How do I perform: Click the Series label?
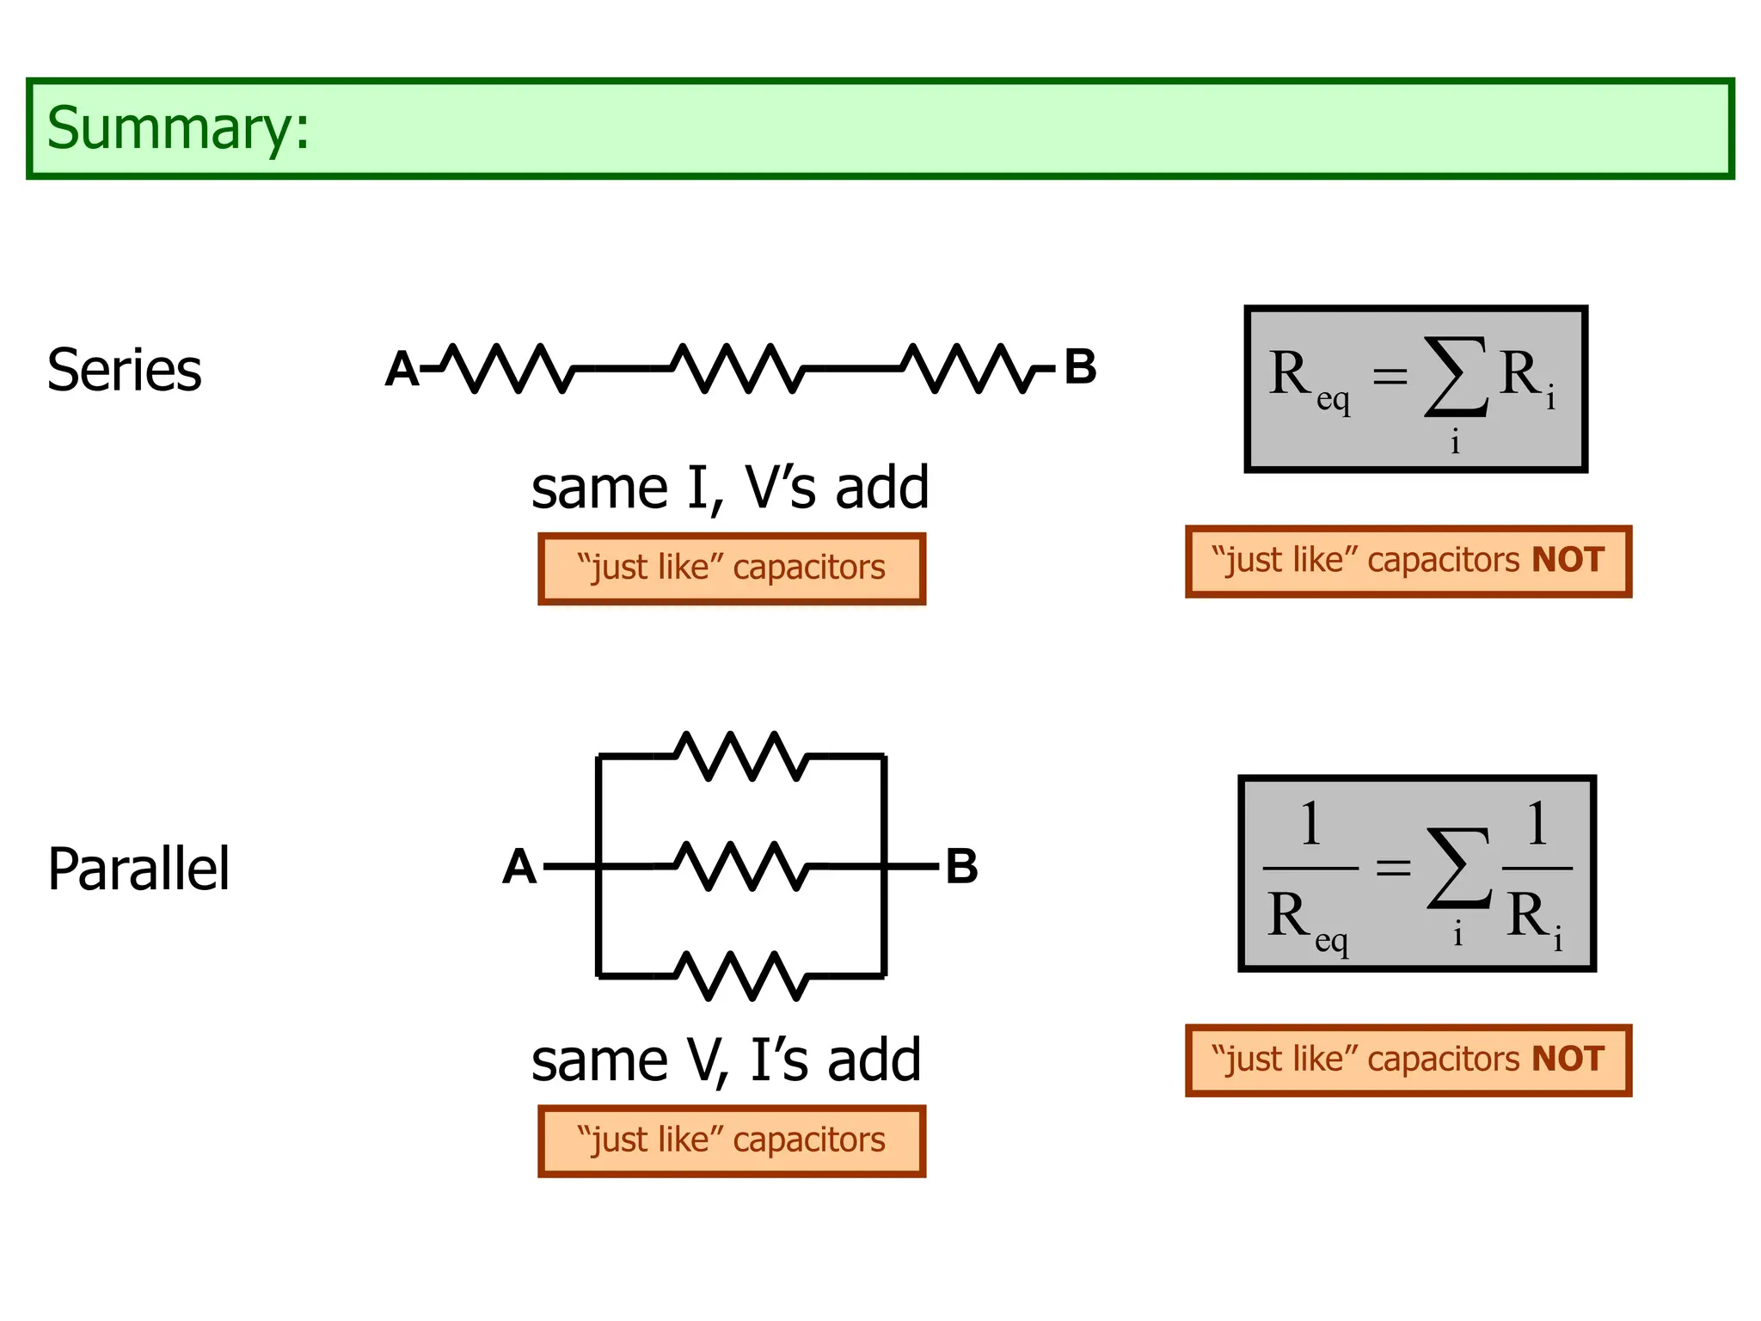point(125,371)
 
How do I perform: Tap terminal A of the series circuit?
point(402,369)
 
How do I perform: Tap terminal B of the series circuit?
point(1080,367)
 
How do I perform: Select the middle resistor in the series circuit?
point(738,369)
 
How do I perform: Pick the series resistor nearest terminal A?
point(507,369)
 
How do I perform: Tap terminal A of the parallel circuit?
point(519,867)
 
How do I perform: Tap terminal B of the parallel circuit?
point(961,867)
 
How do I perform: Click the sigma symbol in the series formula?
point(1456,377)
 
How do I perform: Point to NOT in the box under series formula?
point(1568,561)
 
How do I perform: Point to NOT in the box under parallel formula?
point(1568,1060)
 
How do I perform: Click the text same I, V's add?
point(730,488)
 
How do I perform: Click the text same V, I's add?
point(727,1060)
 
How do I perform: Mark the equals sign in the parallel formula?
point(1393,867)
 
